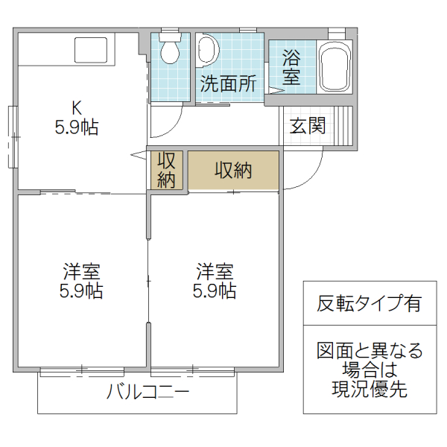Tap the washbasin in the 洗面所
[208, 50]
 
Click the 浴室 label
[291, 66]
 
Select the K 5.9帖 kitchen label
[75, 117]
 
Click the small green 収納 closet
[166, 170]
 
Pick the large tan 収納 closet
[233, 171]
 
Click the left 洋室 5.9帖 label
[81, 280]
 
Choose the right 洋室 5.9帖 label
[215, 280]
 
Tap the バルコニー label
[148, 390]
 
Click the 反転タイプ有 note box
[368, 304]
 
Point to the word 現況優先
[370, 390]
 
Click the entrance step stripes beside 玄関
[344, 125]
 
